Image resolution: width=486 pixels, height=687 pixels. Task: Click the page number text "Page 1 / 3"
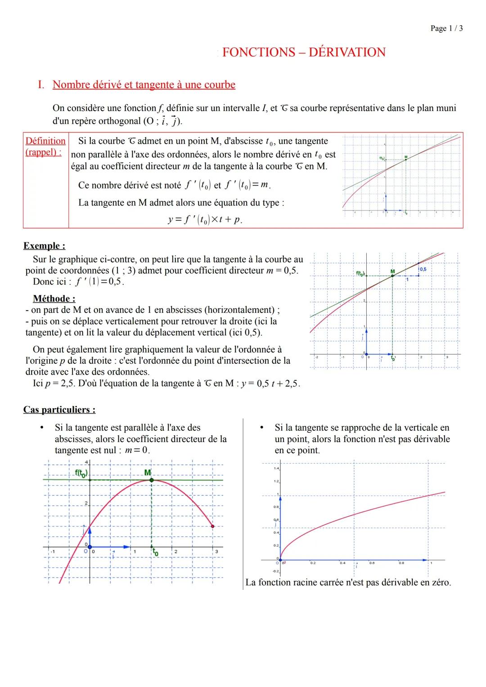(446, 29)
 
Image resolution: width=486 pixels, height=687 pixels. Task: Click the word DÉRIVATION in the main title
(347, 52)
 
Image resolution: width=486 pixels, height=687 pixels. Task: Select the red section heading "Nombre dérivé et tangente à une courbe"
(144, 85)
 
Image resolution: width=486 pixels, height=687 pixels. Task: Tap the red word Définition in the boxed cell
(45, 141)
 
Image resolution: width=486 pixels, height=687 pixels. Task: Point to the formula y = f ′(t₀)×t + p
(205, 220)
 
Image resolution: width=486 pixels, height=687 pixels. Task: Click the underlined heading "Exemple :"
(44, 246)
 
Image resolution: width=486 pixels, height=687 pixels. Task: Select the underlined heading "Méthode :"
(54, 299)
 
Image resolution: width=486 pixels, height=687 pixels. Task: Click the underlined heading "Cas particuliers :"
(59, 410)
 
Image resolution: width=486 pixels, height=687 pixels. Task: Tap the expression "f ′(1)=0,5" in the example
(101, 282)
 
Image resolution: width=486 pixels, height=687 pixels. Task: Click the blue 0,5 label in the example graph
(423, 269)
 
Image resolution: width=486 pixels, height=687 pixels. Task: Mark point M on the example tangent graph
(392, 275)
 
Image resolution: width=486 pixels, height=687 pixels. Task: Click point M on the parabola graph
(151, 480)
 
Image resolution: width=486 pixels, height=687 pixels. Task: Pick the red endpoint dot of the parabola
(213, 526)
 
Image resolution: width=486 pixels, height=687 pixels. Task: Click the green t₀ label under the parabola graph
(155, 552)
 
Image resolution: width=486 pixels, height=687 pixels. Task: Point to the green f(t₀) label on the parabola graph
(81, 473)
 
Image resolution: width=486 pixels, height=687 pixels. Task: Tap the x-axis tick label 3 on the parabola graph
(216, 551)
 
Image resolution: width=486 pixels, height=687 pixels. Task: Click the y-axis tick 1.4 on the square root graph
(276, 468)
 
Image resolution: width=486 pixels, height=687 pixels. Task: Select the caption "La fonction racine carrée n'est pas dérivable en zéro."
(348, 582)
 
